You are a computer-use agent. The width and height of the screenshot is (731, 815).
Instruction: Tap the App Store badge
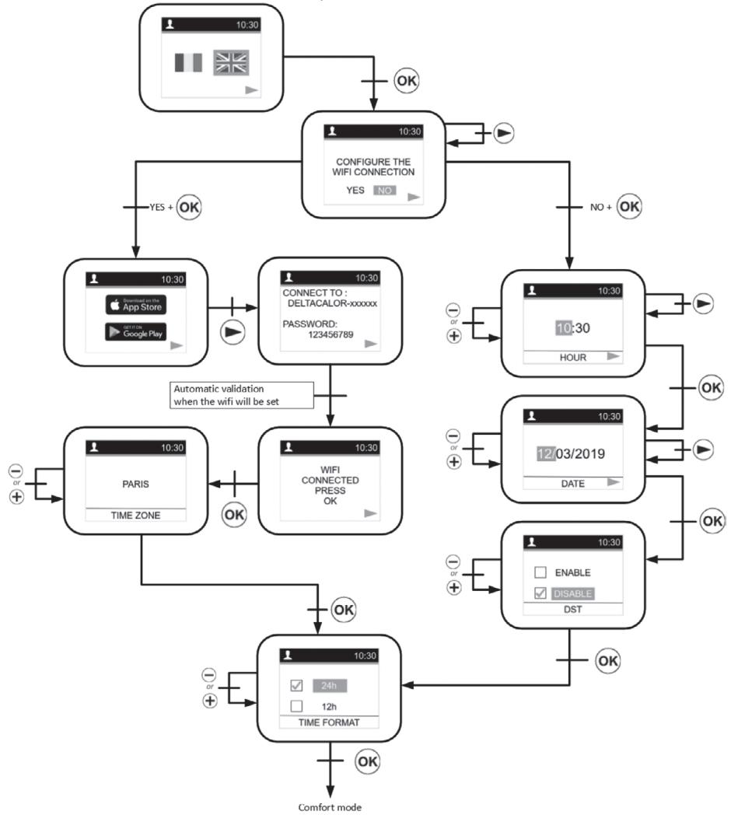pyautogui.click(x=136, y=304)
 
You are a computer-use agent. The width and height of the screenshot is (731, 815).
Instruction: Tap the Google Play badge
pyautogui.click(x=136, y=331)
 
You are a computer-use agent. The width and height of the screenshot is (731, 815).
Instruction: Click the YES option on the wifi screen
pyautogui.click(x=355, y=190)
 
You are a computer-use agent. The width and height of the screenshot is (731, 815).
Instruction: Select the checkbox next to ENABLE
pyautogui.click(x=540, y=572)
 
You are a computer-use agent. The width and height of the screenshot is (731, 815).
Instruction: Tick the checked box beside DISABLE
pyautogui.click(x=540, y=593)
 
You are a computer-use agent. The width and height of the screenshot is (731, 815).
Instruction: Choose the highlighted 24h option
pyautogui.click(x=329, y=686)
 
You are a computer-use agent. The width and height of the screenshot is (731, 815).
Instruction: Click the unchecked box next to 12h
pyautogui.click(x=296, y=706)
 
